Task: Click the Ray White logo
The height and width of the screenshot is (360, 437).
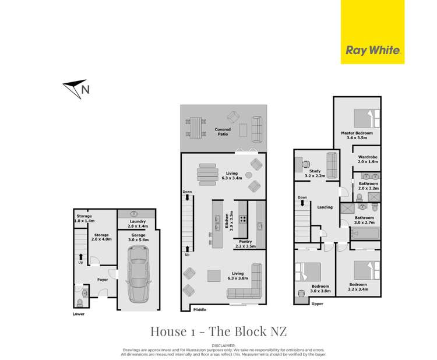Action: (372, 50)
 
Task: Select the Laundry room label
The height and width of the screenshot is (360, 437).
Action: (138, 221)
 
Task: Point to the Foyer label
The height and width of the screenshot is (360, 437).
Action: (103, 280)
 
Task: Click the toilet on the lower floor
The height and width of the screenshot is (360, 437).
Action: (80, 303)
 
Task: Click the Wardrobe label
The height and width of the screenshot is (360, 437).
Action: (368, 157)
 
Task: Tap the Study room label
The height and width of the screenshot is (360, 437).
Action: (314, 171)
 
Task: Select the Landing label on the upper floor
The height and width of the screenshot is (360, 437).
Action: (325, 207)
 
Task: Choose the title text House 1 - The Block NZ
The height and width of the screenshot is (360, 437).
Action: (217, 331)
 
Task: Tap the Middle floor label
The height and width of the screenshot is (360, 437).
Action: (200, 309)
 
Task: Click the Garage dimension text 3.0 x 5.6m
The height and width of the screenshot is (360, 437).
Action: (138, 239)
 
